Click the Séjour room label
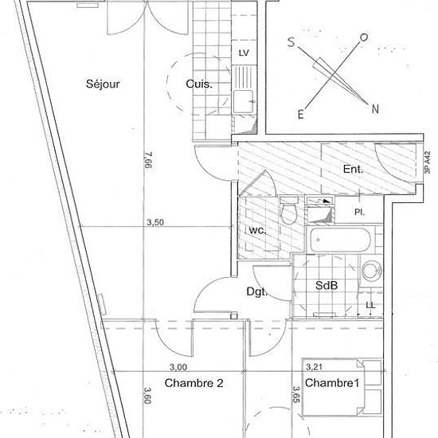coord(103,84)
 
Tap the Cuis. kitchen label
coord(199,84)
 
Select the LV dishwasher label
coord(244,53)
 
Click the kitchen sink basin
coord(244,101)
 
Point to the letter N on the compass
coord(375,108)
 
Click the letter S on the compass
coord(291,42)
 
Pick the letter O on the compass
coord(364,37)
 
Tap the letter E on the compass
coord(300,114)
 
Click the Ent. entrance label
coord(353,169)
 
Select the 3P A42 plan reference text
coord(427,162)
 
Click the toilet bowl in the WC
coord(289,213)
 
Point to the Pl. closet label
coord(359,213)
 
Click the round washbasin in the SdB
coord(372,271)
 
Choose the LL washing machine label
coord(370,305)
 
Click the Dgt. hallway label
coord(257,291)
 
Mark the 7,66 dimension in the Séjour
coord(148,160)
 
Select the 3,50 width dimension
coord(155,222)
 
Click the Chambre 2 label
coord(194,383)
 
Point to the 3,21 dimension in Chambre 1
coord(315,367)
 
